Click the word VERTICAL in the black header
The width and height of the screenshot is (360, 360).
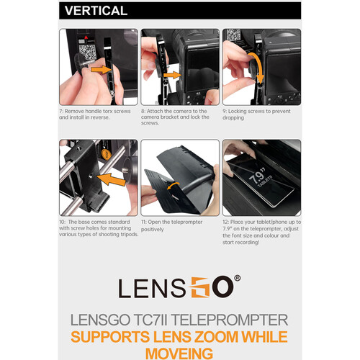96,11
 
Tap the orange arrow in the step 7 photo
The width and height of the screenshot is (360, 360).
102,70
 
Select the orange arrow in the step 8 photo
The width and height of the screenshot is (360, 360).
172,76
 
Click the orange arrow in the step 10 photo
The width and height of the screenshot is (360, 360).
111,179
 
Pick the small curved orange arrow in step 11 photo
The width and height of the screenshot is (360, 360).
174,185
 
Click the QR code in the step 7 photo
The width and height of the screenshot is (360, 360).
88,52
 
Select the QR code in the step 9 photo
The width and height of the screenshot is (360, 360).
233,35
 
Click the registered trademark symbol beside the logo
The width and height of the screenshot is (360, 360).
237,278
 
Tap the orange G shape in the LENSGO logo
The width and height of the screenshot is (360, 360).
200,287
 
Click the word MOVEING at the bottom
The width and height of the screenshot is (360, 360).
179,354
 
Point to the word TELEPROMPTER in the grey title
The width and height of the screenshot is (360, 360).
230,320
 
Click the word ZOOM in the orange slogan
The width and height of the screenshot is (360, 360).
216,336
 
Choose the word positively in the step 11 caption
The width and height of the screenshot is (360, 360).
153,230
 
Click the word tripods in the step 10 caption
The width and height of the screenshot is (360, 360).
130,234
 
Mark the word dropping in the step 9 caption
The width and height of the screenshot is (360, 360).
233,118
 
